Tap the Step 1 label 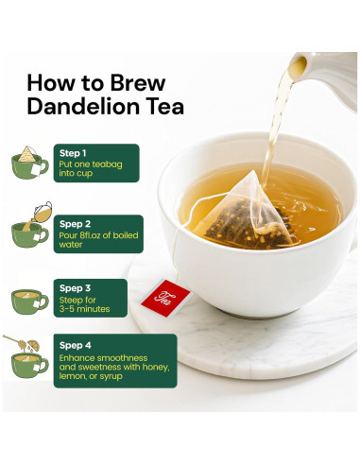[x=73, y=152]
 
